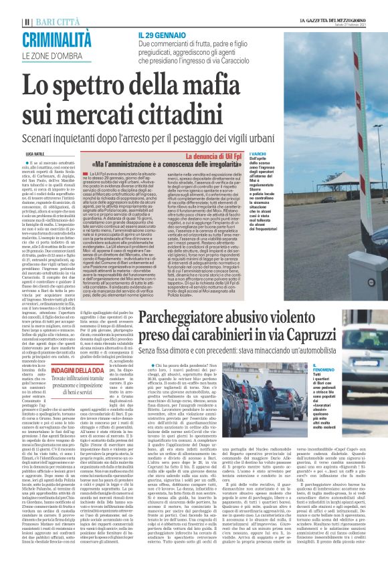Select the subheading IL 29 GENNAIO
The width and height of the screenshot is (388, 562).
point(161,34)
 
